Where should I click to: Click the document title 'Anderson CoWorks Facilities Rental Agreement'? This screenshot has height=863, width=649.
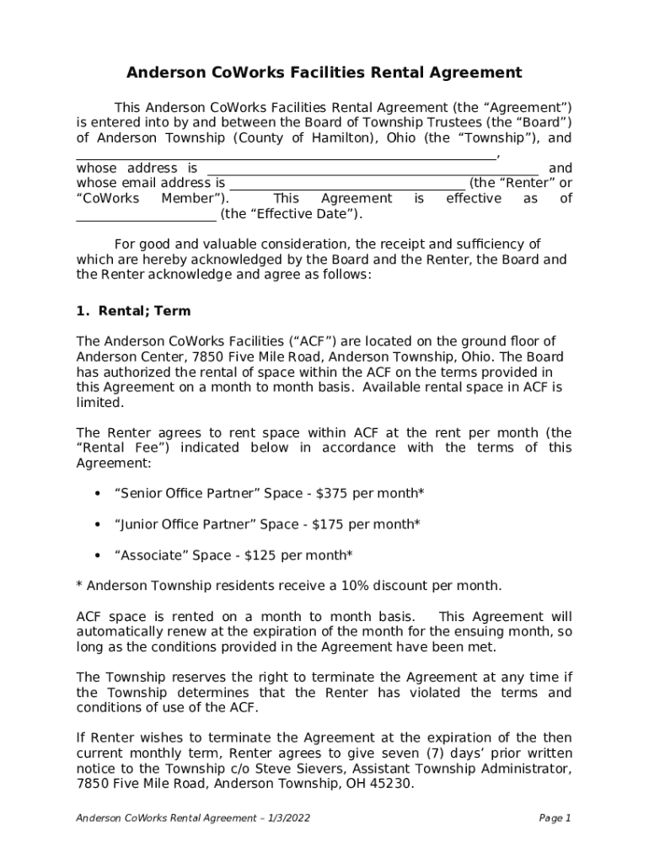click(x=324, y=73)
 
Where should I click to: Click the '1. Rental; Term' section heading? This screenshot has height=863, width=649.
click(x=133, y=311)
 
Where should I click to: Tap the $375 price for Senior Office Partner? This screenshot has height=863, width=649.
click(x=330, y=493)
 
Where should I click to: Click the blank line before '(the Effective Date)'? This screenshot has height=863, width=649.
click(x=146, y=215)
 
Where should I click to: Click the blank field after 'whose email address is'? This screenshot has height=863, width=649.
click(x=346, y=185)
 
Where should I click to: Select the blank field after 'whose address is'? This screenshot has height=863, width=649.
click(x=372, y=169)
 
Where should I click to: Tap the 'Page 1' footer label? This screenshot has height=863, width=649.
click(x=555, y=818)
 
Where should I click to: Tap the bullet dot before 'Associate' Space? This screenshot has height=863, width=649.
click(x=99, y=555)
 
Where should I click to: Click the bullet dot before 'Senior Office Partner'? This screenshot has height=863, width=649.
click(x=99, y=493)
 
